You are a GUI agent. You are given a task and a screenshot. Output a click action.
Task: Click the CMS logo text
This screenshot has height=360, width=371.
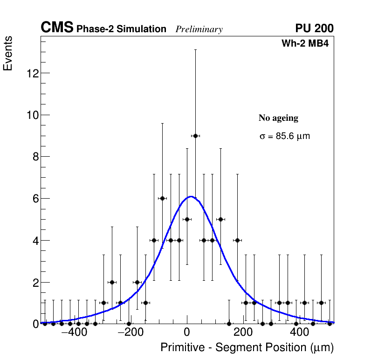pos(57,28)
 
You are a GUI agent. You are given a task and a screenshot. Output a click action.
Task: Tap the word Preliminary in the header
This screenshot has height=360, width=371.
pos(199,30)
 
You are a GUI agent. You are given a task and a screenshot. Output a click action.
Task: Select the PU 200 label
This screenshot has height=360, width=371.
pos(314,28)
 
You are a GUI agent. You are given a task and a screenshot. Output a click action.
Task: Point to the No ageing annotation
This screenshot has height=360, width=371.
pos(278,118)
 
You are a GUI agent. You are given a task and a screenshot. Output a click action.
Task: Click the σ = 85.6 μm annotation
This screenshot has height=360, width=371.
pos(284,137)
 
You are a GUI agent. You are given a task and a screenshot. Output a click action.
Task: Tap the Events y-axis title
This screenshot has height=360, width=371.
pos(8,54)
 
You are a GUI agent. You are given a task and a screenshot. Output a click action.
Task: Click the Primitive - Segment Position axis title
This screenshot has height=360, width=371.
pos(247,348)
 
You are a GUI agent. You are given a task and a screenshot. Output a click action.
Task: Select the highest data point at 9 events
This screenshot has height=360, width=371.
pos(195,136)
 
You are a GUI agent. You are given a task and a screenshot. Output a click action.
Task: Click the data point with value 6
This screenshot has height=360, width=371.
pos(162,198)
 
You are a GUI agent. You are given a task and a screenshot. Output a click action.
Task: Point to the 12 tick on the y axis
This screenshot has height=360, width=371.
pos(32,73)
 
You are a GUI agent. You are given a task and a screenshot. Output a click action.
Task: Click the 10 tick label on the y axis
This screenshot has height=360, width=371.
pos(32,115)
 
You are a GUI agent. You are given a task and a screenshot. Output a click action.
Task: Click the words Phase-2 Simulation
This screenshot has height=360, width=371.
pos(121,29)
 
